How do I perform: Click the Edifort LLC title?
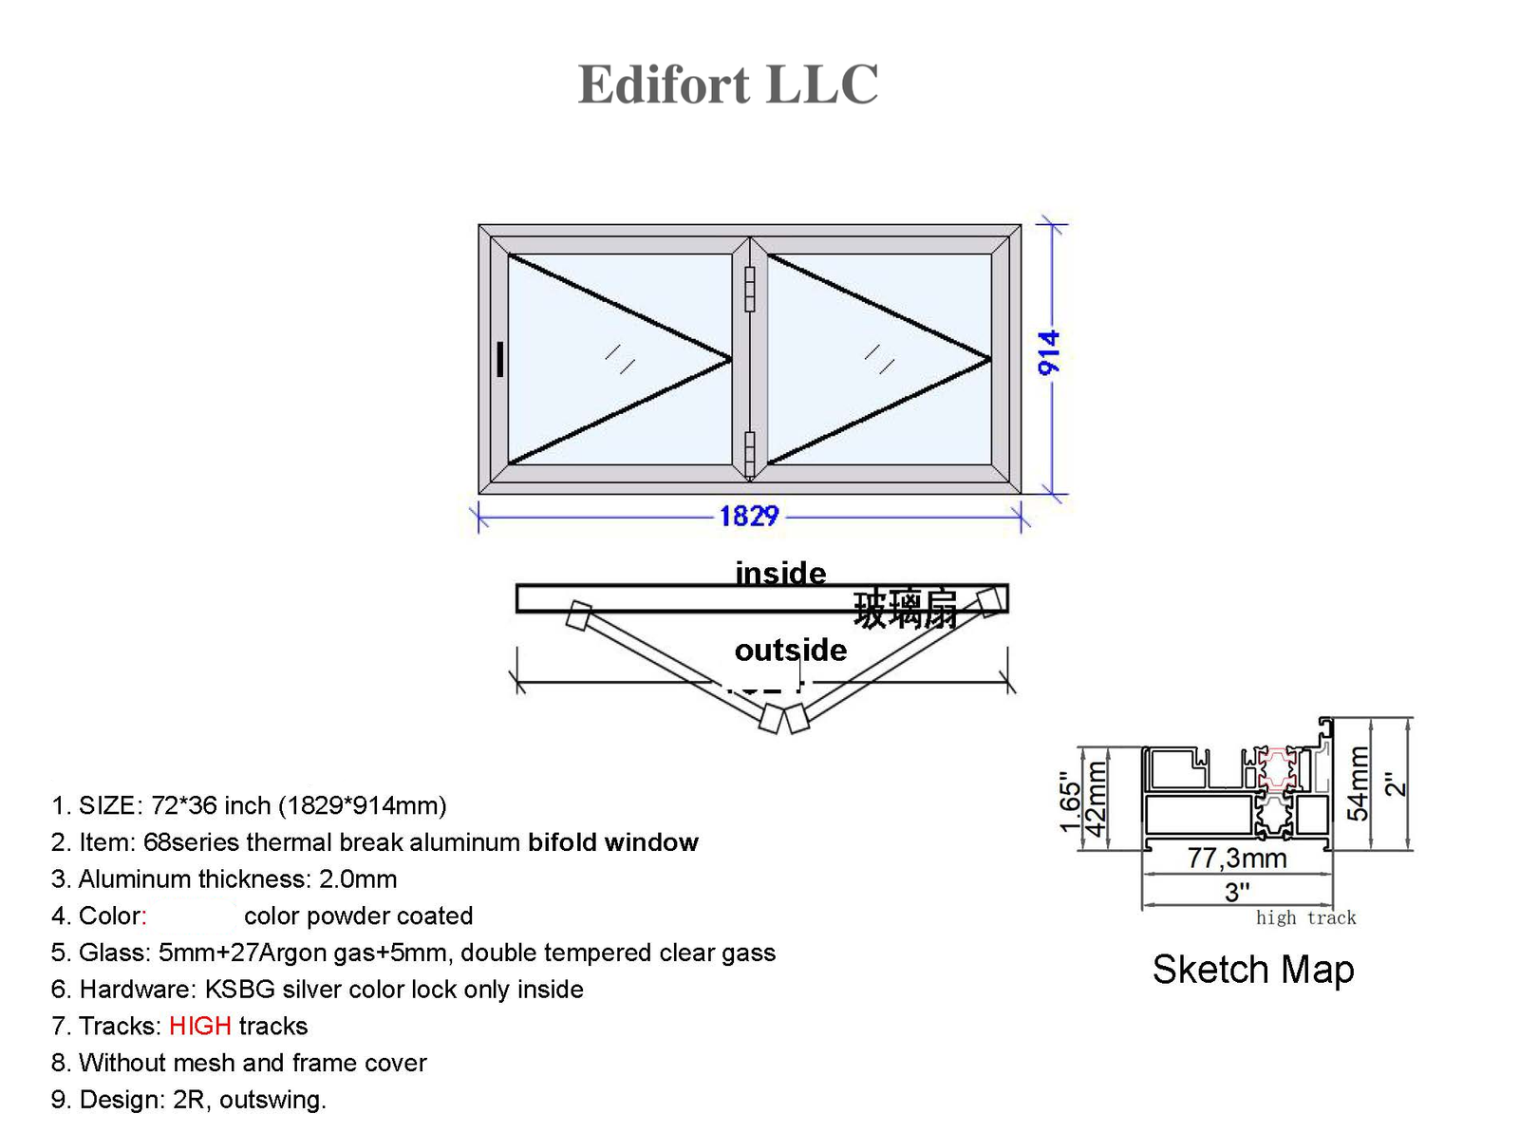click(728, 85)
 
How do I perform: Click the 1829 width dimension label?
click(749, 516)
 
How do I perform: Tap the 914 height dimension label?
click(1049, 353)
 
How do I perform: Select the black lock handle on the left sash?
click(500, 360)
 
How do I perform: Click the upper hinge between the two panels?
click(749, 289)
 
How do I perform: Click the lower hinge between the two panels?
click(749, 453)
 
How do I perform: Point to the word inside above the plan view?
click(780, 573)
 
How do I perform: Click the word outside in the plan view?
click(790, 650)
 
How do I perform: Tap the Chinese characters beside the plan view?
click(905, 609)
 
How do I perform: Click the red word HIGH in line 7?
click(199, 1026)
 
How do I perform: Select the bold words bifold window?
click(613, 842)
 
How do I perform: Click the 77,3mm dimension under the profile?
click(1237, 859)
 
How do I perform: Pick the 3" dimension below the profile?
click(1237, 892)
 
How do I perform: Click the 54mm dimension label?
click(1359, 784)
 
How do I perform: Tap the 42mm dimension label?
click(1097, 799)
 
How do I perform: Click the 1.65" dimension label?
click(1070, 801)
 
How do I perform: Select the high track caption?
click(1305, 917)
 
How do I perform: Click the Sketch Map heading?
click(1252, 970)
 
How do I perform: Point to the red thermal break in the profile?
click(1277, 769)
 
